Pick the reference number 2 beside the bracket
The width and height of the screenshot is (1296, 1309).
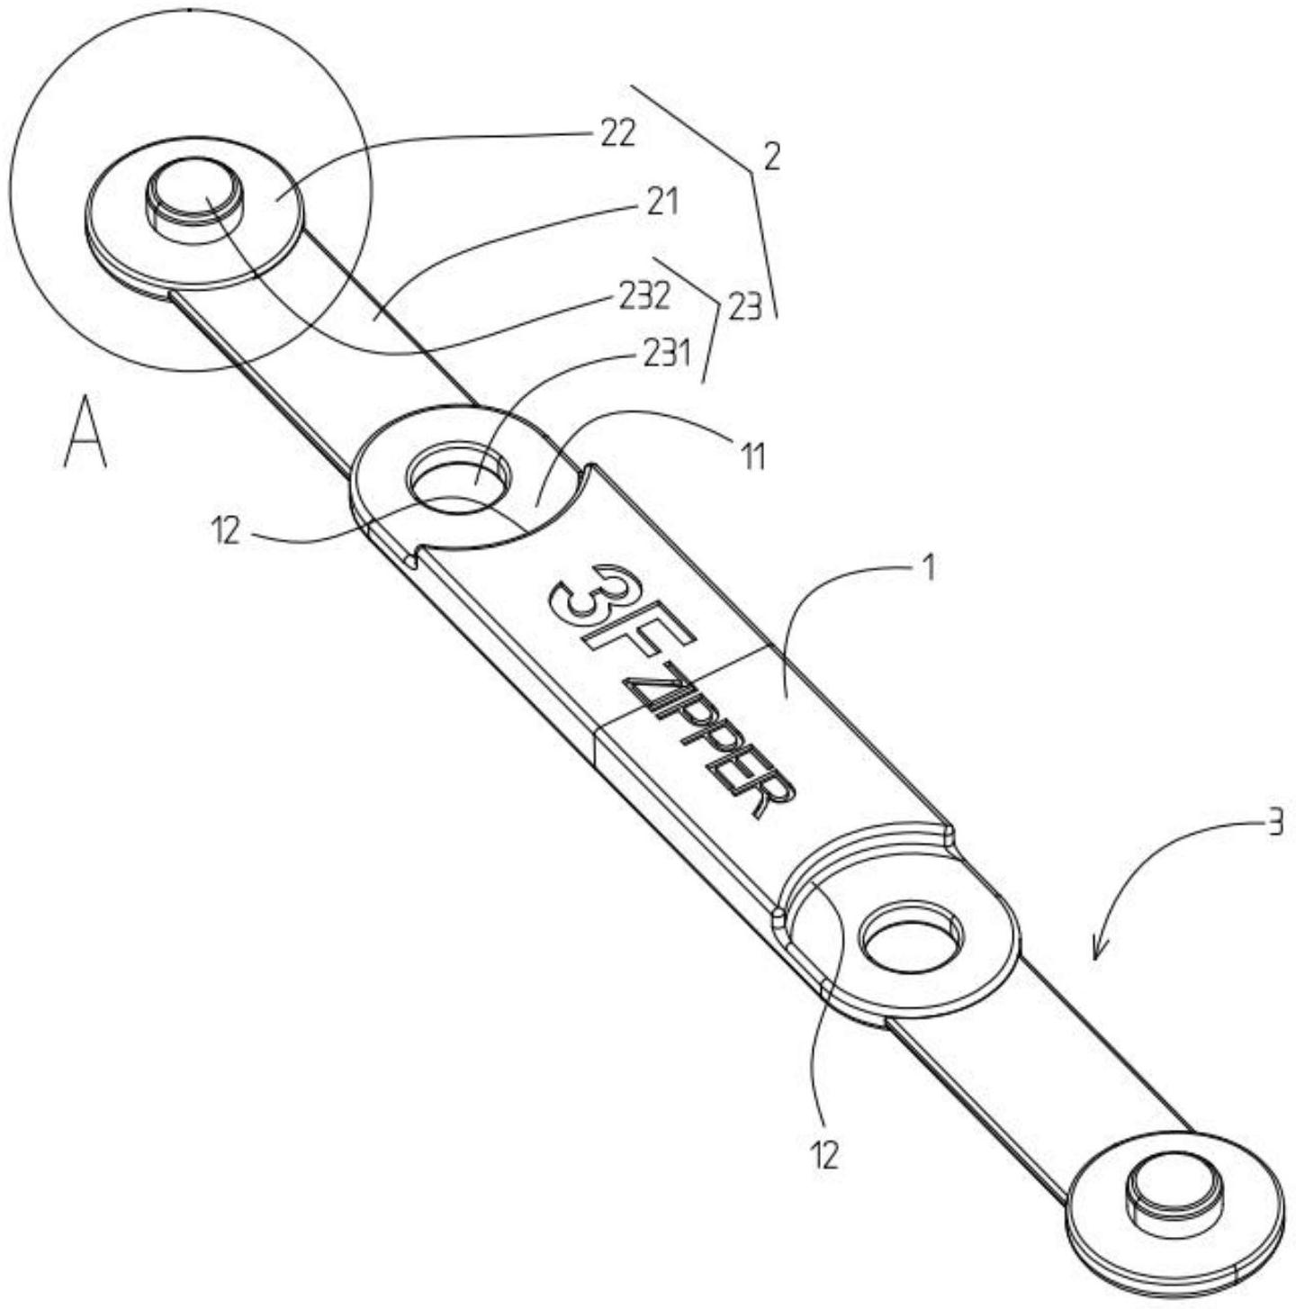pos(770,158)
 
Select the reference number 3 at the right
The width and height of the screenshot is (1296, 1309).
pos(1274,825)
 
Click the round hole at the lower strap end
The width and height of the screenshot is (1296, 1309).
pos(912,939)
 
